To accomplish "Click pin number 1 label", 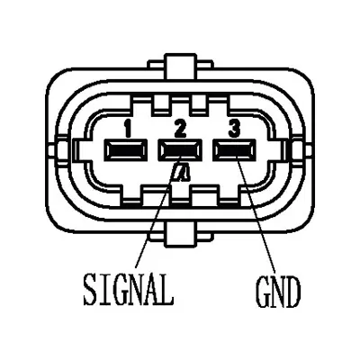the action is (x=129, y=129).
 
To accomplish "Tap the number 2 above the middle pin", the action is (x=180, y=129).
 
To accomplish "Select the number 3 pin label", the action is (x=234, y=129).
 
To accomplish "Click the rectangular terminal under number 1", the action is (x=126, y=150).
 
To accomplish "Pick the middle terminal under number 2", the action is (x=180, y=150).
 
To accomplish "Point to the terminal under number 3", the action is (x=234, y=150).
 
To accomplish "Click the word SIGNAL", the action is (x=129, y=289).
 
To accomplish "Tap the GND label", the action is (x=278, y=292).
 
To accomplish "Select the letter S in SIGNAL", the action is (x=91, y=289).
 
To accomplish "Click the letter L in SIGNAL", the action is (x=167, y=289).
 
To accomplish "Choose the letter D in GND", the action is (x=293, y=292).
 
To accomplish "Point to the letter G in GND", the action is (x=263, y=292).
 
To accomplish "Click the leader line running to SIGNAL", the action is (x=157, y=211).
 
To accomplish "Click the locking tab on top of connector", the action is (x=181, y=67).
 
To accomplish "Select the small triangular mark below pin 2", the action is (x=182, y=173).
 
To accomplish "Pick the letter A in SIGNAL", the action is (x=152, y=289).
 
